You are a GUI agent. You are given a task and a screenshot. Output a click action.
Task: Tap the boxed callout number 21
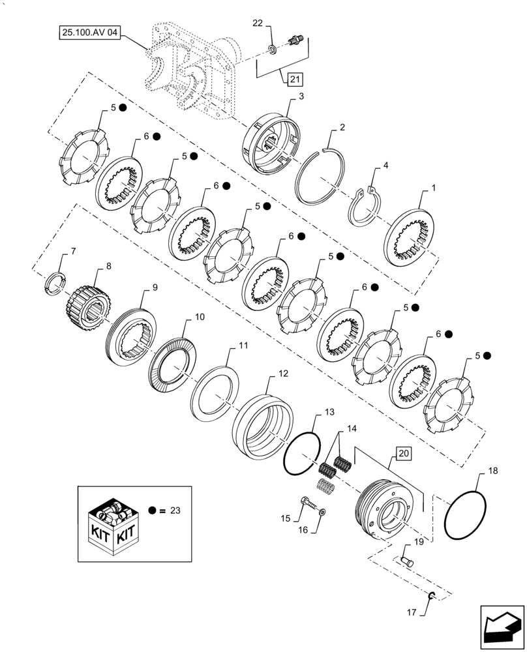tap(294, 80)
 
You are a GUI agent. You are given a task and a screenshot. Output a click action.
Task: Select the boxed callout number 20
tap(402, 454)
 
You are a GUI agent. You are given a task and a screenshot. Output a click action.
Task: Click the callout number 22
tap(258, 23)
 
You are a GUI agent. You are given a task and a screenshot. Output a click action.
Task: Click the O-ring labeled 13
tap(301, 452)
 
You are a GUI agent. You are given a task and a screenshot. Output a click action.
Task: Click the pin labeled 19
tap(406, 559)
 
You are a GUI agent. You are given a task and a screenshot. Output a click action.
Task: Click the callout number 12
tap(282, 374)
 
